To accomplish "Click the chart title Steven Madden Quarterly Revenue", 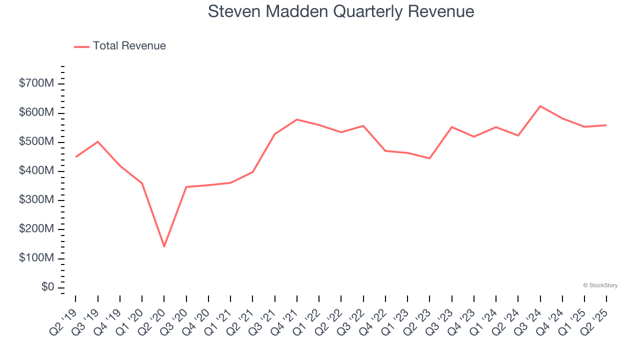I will tap(341, 11).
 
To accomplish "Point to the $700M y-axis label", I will tap(36, 83).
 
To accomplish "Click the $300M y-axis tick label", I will tap(36, 200).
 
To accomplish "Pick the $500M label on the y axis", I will tap(36, 142).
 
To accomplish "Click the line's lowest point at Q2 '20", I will tap(164, 246).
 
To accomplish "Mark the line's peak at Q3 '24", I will tap(540, 106).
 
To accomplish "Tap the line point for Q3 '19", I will tap(98, 141).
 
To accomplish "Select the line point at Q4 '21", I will tap(297, 119).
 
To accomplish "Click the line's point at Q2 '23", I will tap(429, 158).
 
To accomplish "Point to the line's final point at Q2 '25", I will tap(606, 125).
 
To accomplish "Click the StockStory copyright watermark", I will tap(600, 285).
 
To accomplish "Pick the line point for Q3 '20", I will tap(186, 187).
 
